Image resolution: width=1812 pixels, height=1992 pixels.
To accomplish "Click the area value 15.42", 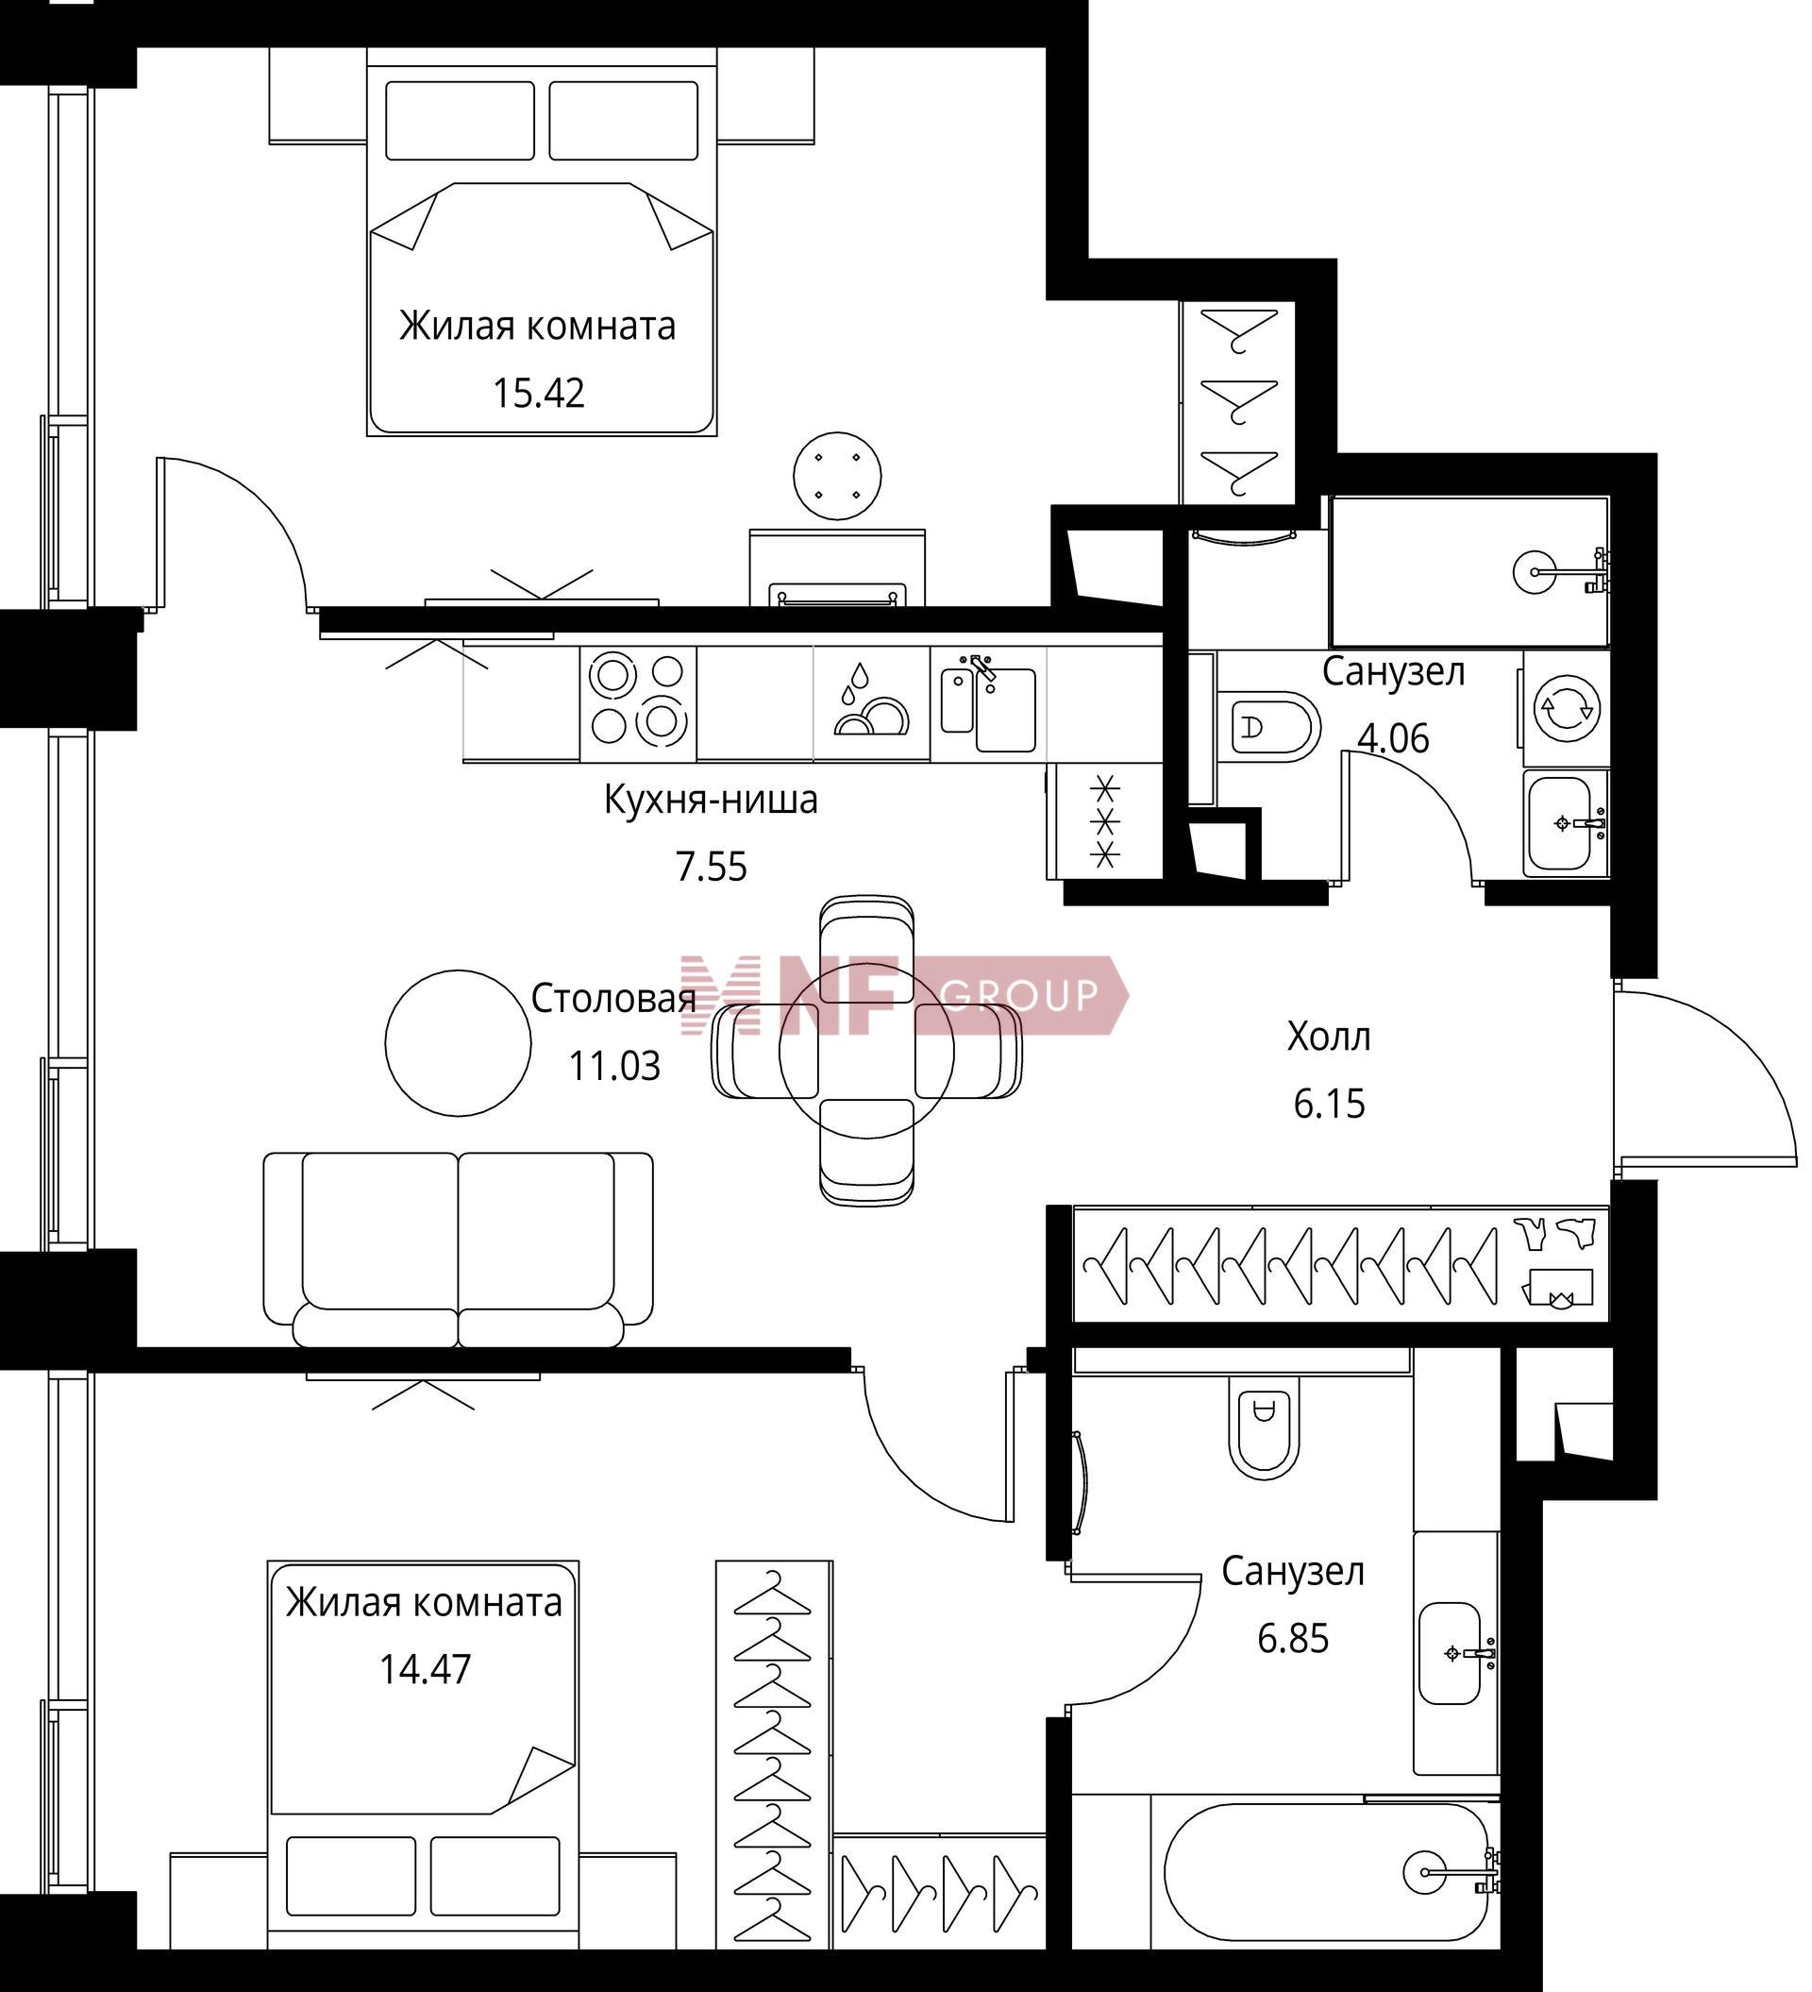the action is click(x=539, y=394).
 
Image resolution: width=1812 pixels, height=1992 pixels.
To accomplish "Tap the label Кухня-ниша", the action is click(x=711, y=800).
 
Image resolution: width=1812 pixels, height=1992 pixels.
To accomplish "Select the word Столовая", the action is click(x=613, y=999).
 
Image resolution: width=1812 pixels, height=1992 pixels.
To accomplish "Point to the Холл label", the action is click(x=1329, y=1037).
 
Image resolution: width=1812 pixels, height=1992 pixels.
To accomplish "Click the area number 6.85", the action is click(x=1292, y=1639).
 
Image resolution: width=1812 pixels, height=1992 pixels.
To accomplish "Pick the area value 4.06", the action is click(x=1393, y=738).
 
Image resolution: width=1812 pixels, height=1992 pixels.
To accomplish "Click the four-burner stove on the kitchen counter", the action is click(x=638, y=703).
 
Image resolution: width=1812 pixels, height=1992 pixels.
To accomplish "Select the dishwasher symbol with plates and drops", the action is click(x=871, y=703).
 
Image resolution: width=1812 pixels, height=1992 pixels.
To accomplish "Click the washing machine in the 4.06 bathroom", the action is click(x=1566, y=708).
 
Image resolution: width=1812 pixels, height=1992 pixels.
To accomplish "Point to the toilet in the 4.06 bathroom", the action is click(x=1268, y=727).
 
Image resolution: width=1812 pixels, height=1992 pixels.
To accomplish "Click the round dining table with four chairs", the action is click(x=866, y=1052).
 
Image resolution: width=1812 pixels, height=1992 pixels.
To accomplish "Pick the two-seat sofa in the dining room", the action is click(x=459, y=1250).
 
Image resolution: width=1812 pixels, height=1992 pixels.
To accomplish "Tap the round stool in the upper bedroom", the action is click(x=838, y=475).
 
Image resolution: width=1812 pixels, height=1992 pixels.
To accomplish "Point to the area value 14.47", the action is click(x=425, y=1669).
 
